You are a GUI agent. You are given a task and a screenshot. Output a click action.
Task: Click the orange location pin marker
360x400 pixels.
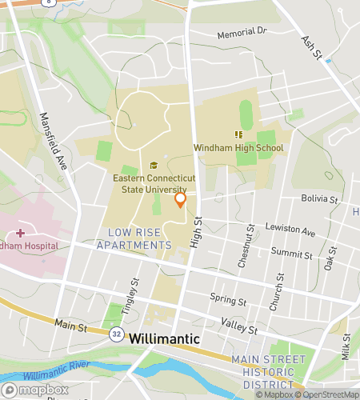[181, 198]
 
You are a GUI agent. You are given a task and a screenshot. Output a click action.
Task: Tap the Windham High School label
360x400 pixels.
[238, 148]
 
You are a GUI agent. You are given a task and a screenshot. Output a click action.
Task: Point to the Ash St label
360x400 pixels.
[310, 47]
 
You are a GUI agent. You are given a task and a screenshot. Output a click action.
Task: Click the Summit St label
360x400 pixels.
[292, 255]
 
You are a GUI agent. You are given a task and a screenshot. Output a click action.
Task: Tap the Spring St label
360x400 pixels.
[228, 302]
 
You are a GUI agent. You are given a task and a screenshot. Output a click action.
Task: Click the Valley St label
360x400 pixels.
[239, 329]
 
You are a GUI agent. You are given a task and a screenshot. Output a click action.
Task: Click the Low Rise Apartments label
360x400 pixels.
[134, 238]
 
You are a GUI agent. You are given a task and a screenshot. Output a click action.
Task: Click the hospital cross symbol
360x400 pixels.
[21, 233]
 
